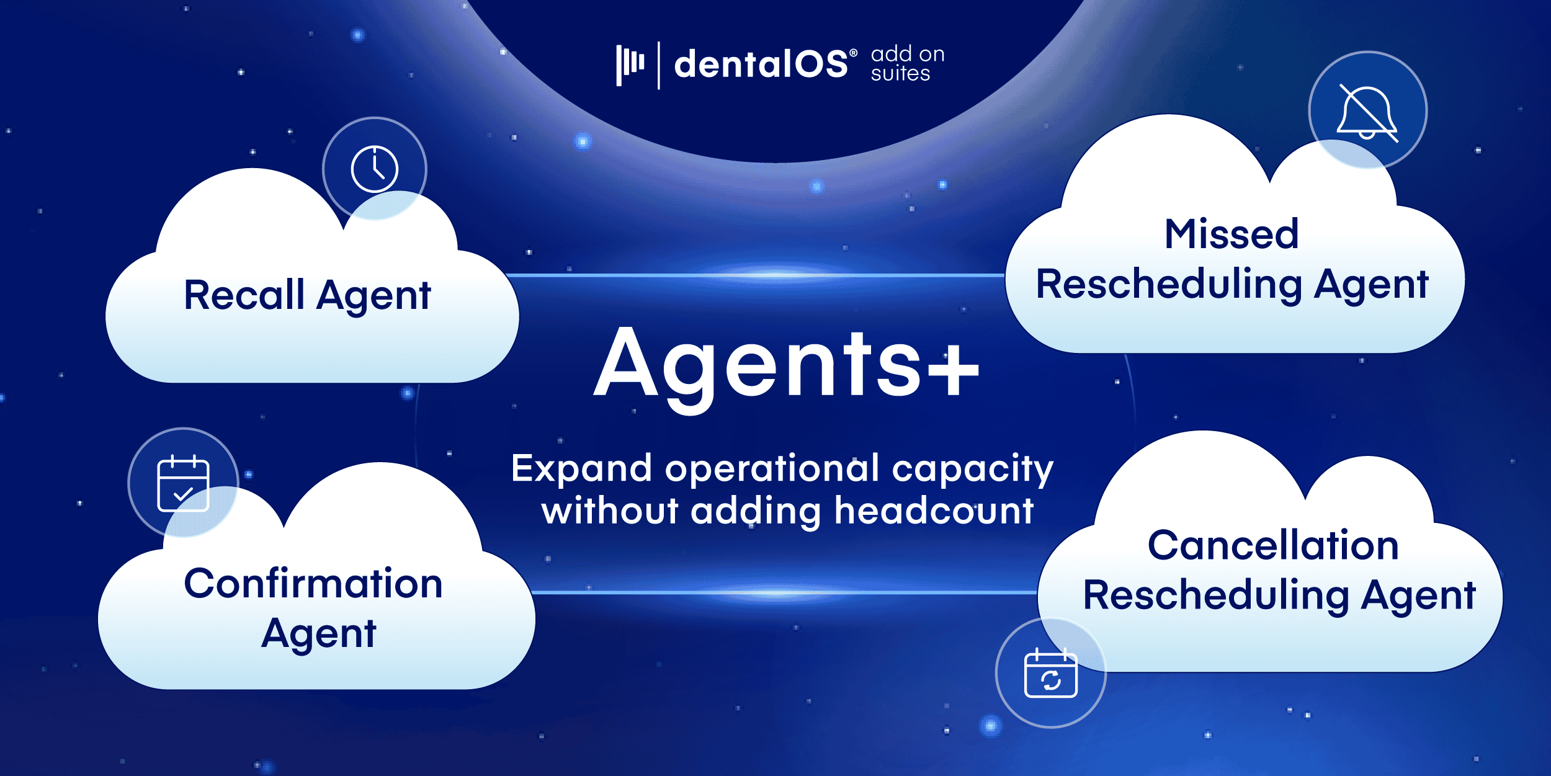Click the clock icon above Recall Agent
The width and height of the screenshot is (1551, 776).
click(375, 169)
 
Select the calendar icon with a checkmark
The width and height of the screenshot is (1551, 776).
click(183, 483)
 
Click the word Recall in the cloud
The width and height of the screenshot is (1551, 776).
click(244, 295)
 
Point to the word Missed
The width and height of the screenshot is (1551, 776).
click(1231, 234)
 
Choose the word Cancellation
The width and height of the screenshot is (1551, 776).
click(1273, 545)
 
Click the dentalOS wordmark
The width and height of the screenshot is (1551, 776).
click(761, 64)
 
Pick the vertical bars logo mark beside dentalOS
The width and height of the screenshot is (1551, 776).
click(630, 65)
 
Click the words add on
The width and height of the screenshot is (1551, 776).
click(908, 54)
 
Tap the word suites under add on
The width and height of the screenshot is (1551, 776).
click(900, 74)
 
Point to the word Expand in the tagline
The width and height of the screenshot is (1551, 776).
click(581, 469)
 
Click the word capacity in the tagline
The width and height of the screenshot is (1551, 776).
click(972, 470)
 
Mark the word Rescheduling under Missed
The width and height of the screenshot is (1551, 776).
click(1169, 285)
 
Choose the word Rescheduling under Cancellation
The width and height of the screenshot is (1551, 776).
click(1215, 596)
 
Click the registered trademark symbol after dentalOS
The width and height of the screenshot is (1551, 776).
click(854, 53)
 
